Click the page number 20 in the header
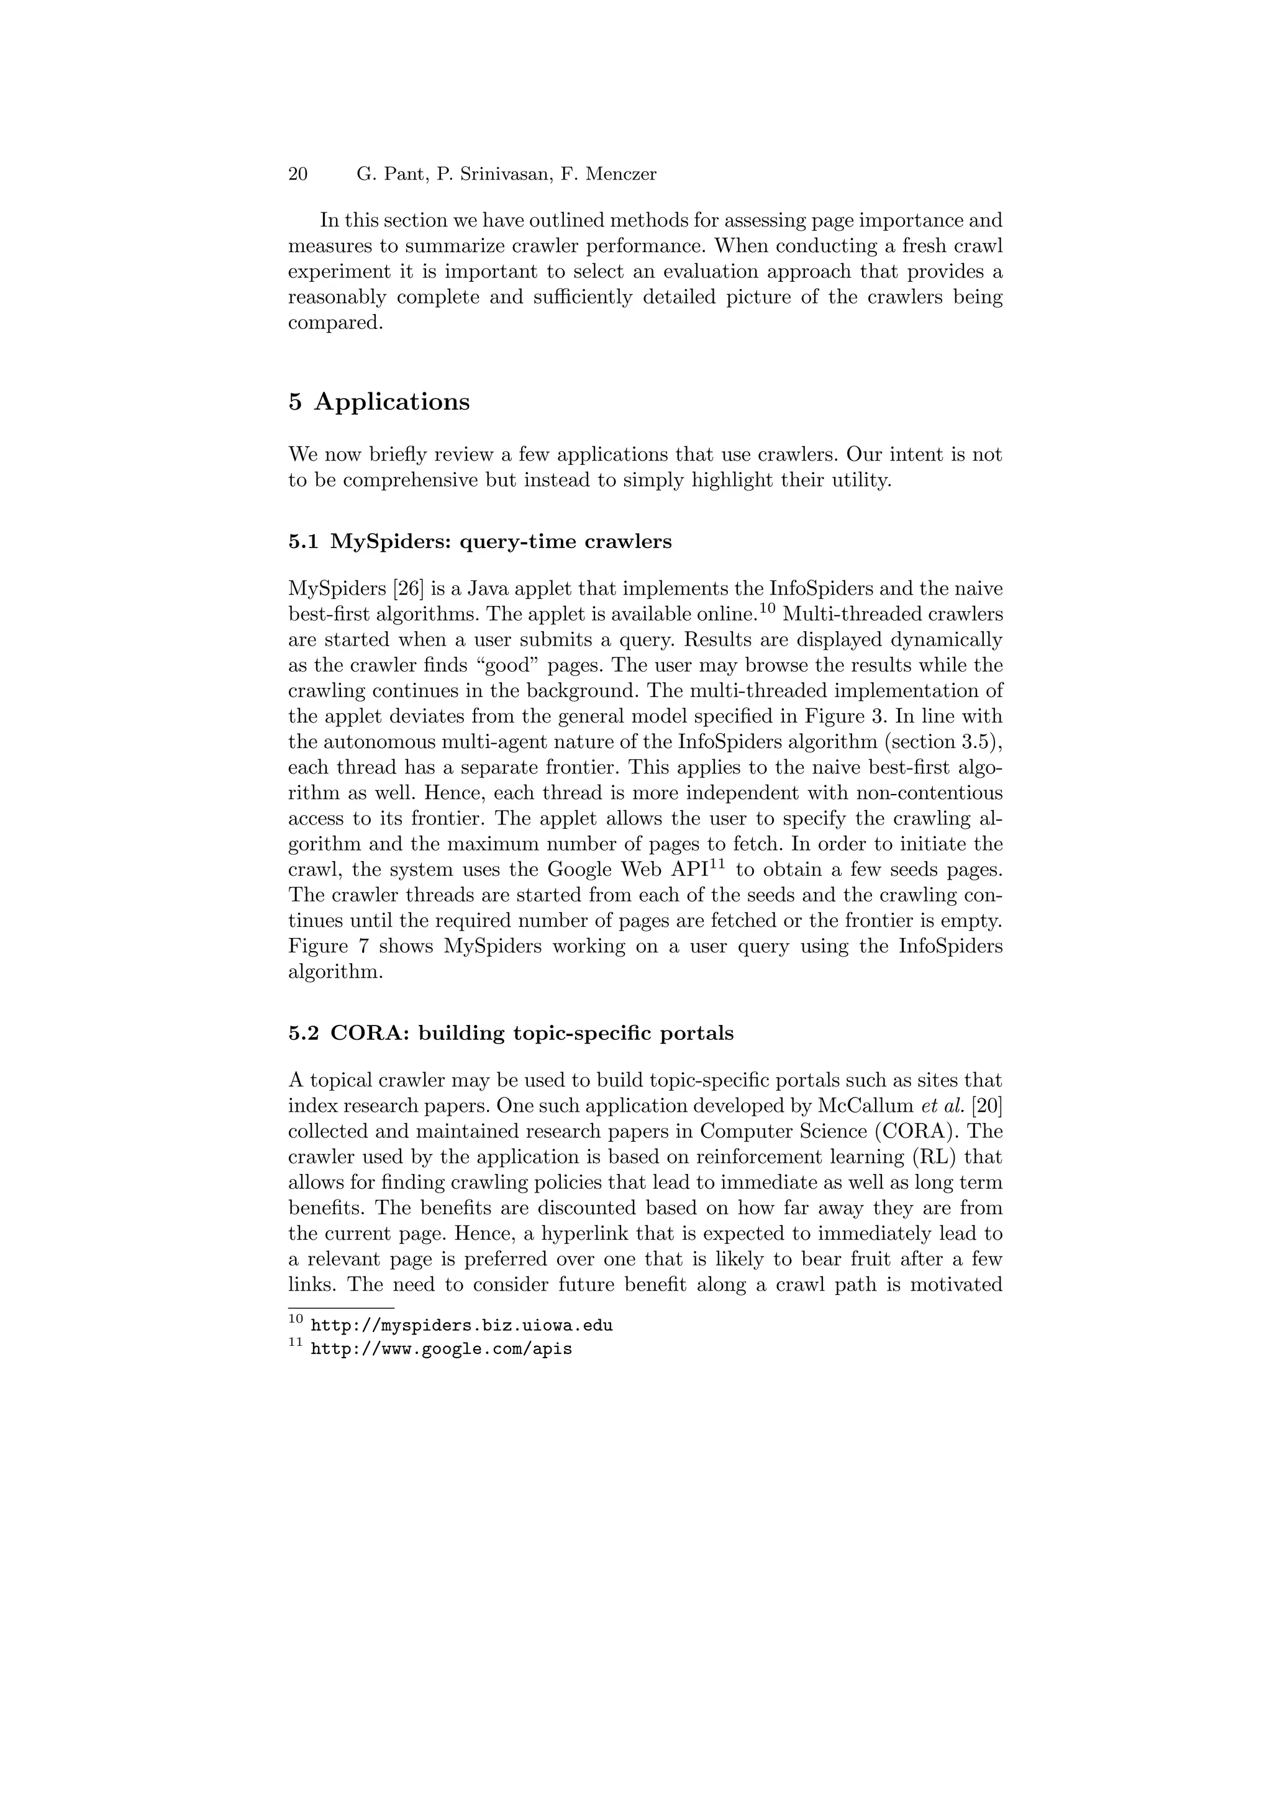point(298,174)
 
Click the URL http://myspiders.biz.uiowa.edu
point(461,1326)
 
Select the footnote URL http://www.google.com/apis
point(441,1350)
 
